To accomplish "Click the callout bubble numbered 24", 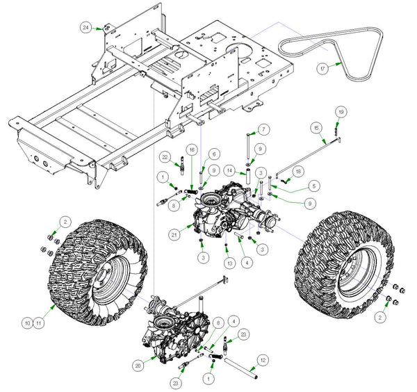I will (85, 27).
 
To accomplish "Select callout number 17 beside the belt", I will (322, 70).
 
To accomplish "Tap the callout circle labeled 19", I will (341, 111).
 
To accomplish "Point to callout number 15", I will (316, 129).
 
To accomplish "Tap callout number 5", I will (295, 186).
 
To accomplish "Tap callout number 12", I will (263, 359).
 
